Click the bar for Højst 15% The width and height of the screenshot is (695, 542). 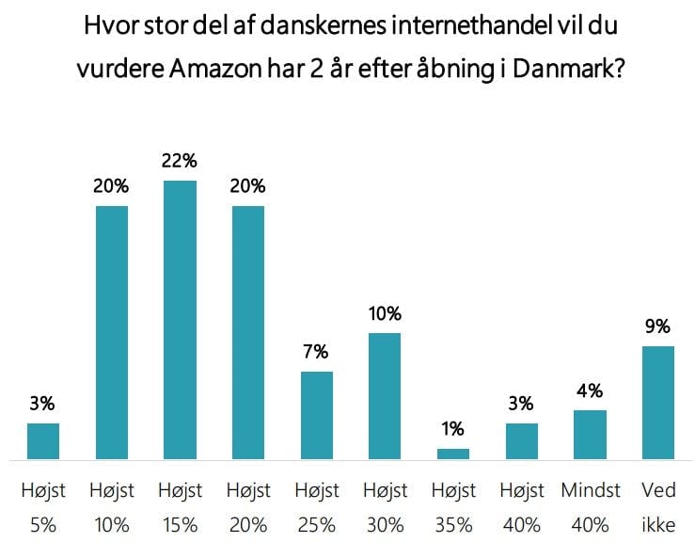180,320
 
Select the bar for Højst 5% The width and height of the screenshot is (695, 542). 43,441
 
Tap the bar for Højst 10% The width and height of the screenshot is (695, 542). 112,332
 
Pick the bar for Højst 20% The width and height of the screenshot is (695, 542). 248,332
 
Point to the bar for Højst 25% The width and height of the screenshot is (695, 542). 316,415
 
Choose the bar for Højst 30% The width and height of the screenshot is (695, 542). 385,396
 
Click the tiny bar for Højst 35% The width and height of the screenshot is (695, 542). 453,454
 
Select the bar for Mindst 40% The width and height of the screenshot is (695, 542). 590,435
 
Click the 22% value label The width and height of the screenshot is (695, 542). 180,161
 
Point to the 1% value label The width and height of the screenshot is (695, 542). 453,429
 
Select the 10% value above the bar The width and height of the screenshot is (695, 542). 385,313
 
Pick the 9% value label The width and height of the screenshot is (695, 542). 657,327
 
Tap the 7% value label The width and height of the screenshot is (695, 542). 316,352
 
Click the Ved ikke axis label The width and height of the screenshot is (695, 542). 657,507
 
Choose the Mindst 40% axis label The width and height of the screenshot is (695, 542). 590,507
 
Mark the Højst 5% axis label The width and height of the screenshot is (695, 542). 43,507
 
